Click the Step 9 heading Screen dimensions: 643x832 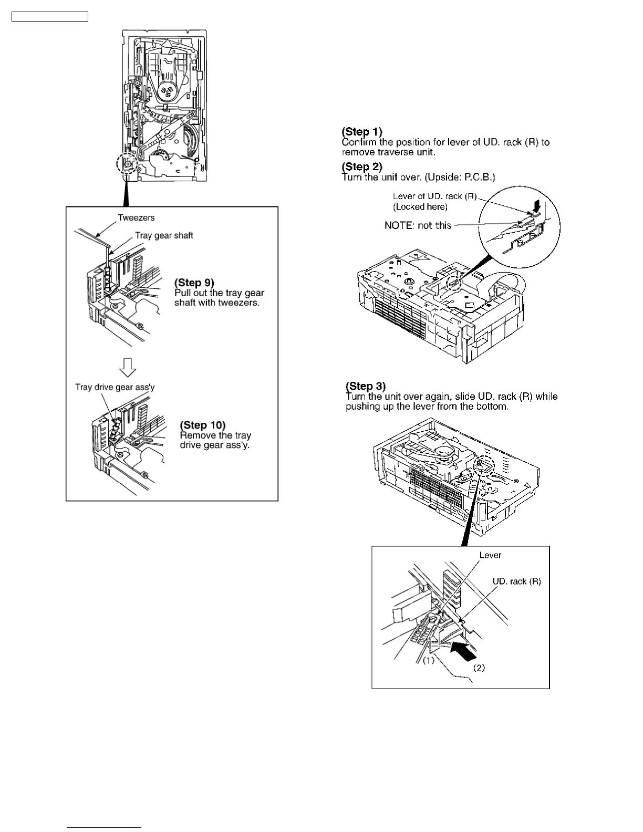[194, 283]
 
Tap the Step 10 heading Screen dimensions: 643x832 [202, 425]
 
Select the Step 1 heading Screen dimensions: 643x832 [362, 131]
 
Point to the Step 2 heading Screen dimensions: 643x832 [362, 167]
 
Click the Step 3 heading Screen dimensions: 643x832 [366, 386]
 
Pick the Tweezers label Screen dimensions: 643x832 [136, 217]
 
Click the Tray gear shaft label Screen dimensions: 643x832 [164, 235]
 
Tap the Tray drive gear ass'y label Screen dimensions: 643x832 [115, 387]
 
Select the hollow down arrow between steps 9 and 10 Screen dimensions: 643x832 [127, 367]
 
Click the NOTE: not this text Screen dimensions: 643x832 [418, 225]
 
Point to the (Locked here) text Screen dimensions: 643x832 [420, 207]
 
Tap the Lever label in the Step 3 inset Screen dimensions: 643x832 [490, 555]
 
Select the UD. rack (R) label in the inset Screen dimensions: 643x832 [516, 581]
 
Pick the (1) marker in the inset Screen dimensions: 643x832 [429, 660]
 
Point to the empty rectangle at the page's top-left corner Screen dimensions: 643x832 [50, 17]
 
